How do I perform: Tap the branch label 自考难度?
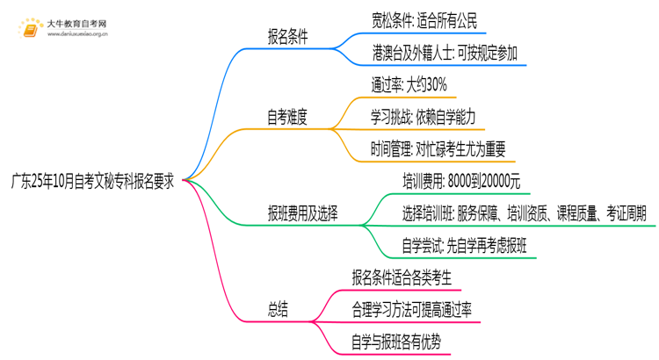pos(293,116)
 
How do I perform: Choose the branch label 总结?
pos(279,309)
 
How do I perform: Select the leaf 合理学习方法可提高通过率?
pos(415,309)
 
